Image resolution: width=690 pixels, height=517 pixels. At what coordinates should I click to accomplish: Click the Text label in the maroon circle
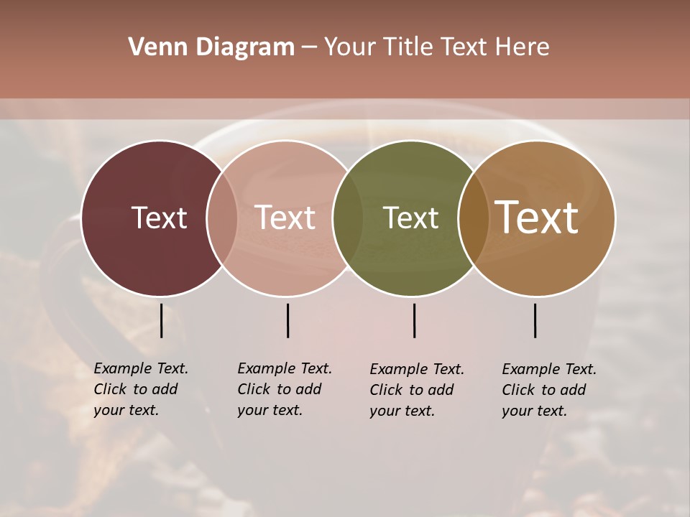(159, 218)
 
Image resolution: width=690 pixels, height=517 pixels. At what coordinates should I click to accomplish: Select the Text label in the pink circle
(285, 218)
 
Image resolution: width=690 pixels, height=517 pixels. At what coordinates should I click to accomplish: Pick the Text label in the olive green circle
(410, 218)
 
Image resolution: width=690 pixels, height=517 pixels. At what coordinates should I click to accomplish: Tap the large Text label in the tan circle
(537, 218)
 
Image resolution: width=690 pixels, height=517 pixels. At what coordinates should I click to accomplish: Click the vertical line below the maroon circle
(162, 320)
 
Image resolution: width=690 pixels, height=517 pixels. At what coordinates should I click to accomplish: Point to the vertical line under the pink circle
(287, 320)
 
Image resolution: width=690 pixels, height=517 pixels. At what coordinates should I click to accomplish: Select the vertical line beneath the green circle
(414, 320)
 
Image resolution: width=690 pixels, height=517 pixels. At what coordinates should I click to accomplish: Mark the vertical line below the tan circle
(535, 320)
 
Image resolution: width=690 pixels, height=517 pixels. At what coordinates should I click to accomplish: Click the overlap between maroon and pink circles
(222, 218)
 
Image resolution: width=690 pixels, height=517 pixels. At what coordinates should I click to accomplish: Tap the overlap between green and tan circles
(473, 218)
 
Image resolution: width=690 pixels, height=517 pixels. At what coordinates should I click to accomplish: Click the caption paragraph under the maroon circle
(141, 389)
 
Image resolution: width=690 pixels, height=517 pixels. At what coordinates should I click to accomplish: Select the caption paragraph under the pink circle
(285, 389)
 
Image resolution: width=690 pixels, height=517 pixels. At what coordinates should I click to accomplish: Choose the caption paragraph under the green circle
(417, 390)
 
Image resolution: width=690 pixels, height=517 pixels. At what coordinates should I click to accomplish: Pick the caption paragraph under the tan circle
(549, 390)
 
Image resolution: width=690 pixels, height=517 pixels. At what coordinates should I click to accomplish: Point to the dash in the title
(309, 47)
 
